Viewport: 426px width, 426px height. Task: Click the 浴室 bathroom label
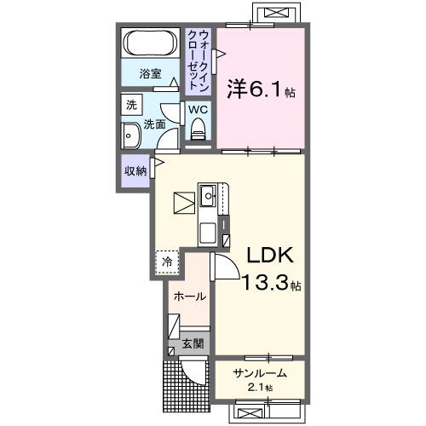tap(150, 74)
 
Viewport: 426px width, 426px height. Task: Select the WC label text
tap(197, 110)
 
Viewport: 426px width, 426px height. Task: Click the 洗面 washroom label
tap(154, 124)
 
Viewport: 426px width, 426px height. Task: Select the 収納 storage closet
tap(135, 170)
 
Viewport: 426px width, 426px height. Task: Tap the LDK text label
tap(270, 255)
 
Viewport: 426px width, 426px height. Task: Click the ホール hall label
tap(188, 296)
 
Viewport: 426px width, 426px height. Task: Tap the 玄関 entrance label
tap(192, 343)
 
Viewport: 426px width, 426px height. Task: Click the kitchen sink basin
tap(210, 197)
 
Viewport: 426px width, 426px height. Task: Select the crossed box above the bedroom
tap(274, 14)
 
